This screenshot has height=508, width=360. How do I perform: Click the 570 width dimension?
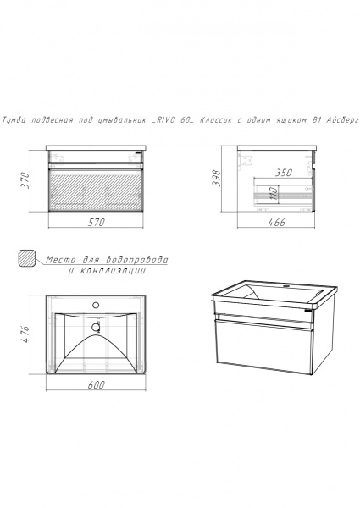97,222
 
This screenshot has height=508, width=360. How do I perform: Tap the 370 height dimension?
25,180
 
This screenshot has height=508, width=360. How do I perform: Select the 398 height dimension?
216,178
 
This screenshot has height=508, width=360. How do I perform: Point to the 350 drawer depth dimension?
284,173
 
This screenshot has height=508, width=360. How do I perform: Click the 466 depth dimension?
276,222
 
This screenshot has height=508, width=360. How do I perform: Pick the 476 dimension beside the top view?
25,334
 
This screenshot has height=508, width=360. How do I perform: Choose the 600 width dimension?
97,384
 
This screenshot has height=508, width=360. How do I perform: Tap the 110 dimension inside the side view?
274,193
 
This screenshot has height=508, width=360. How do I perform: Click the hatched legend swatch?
27,258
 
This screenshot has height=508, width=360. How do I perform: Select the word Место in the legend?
61,260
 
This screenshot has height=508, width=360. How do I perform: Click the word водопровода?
136,260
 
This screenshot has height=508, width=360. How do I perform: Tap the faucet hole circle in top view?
96,305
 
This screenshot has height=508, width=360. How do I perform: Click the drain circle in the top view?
96,327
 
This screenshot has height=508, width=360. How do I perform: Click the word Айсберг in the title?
343,120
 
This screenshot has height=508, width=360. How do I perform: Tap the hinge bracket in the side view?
245,161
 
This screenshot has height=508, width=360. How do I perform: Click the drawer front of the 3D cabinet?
263,347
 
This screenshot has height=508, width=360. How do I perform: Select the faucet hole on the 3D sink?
286,286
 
